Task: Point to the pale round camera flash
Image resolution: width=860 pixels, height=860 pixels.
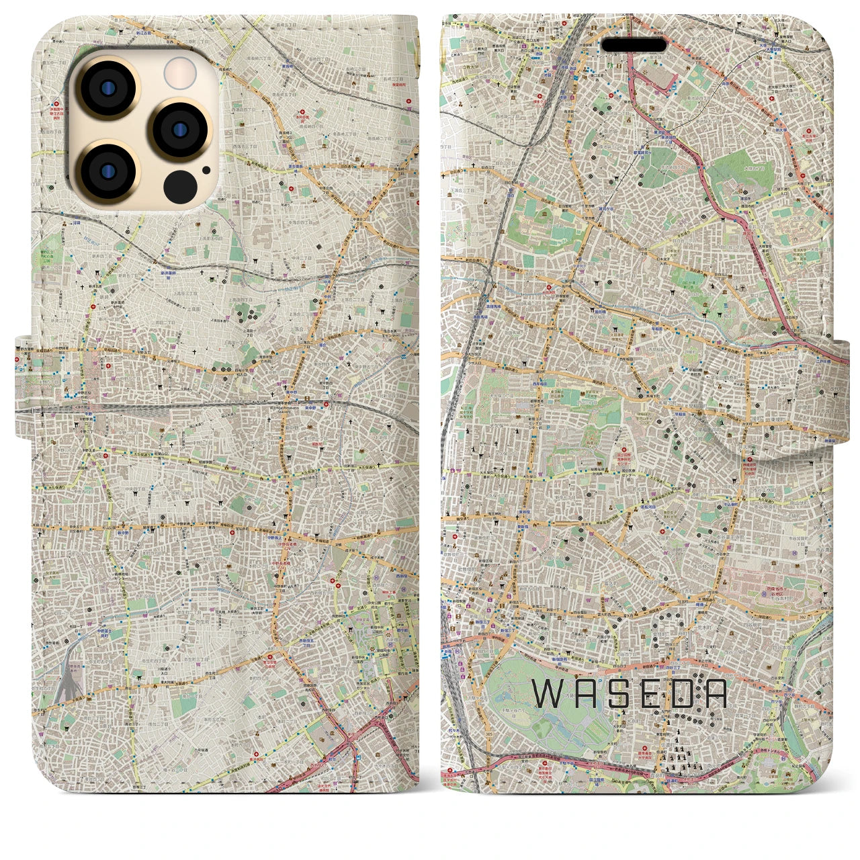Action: (x=180, y=72)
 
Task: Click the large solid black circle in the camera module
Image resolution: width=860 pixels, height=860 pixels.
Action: (x=180, y=184)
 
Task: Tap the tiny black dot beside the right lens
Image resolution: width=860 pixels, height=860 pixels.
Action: (x=206, y=170)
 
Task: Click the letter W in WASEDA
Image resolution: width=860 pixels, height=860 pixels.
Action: (x=548, y=695)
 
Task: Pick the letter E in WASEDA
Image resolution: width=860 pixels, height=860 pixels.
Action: (x=649, y=695)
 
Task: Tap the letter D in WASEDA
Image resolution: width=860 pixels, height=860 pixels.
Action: (x=683, y=695)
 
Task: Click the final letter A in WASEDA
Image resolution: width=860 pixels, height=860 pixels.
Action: (x=716, y=695)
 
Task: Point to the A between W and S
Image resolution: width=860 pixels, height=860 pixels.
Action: (x=582, y=695)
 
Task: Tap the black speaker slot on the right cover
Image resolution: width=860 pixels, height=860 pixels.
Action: (x=634, y=45)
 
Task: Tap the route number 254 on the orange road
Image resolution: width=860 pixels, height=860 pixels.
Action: (x=746, y=99)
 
